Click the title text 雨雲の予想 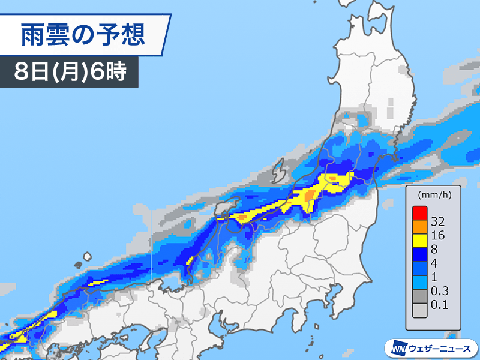(83, 35)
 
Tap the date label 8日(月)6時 (70, 73)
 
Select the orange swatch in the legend (419, 228)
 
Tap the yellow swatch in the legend (419, 243)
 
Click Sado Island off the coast (279, 173)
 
